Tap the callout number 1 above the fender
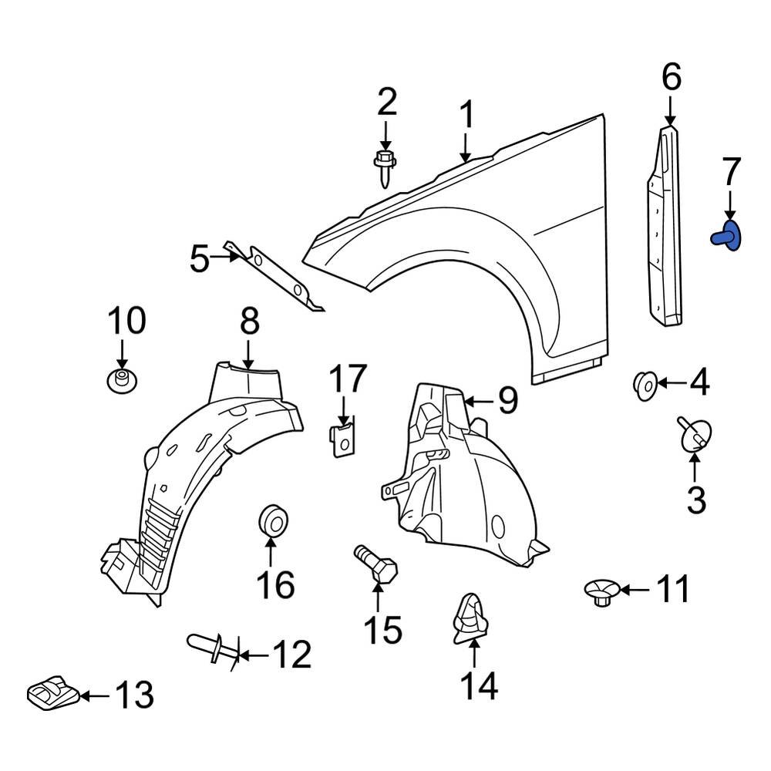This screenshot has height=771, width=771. (x=466, y=116)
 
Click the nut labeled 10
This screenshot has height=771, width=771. (x=120, y=380)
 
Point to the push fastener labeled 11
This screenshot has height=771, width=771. (x=601, y=592)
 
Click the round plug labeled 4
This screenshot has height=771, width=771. (x=645, y=383)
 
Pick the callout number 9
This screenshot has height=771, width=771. (x=507, y=400)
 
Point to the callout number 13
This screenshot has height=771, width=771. (x=134, y=695)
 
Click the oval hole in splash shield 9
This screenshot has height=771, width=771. (x=498, y=527)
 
